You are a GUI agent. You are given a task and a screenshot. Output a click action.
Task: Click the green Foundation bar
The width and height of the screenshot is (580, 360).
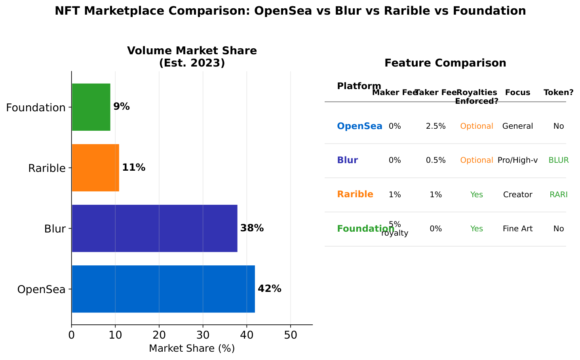pyautogui.click(x=91, y=107)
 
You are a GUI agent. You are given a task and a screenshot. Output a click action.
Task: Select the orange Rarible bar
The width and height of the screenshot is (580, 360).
pyautogui.click(x=95, y=168)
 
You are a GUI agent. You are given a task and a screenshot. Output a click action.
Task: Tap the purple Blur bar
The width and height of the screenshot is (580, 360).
pyautogui.click(x=154, y=228)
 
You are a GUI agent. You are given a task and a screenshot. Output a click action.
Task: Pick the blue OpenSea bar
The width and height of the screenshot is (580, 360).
pyautogui.click(x=163, y=289)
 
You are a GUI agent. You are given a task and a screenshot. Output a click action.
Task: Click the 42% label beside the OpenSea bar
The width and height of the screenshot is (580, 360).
pyautogui.click(x=269, y=289)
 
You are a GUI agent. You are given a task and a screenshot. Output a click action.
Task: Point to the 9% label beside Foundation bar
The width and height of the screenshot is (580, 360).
pyautogui.click(x=121, y=107)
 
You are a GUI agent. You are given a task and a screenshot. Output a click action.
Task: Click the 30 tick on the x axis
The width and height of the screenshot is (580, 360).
pyautogui.click(x=203, y=335)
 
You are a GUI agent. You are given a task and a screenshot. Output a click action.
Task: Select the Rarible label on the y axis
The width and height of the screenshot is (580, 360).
pyautogui.click(x=47, y=168)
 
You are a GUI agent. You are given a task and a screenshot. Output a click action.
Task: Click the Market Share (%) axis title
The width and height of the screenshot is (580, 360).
pyautogui.click(x=192, y=349)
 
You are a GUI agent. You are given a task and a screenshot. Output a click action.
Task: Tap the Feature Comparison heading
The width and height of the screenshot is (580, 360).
pyautogui.click(x=445, y=63)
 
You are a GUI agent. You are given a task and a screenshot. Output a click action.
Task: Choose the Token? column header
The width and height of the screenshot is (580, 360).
pyautogui.click(x=558, y=93)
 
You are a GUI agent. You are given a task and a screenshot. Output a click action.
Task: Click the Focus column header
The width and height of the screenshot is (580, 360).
pyautogui.click(x=517, y=93)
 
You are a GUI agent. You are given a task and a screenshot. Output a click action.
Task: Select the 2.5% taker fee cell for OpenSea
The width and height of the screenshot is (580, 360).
pyautogui.click(x=435, y=126)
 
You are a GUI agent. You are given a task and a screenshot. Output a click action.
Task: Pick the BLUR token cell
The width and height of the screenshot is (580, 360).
pyautogui.click(x=558, y=160)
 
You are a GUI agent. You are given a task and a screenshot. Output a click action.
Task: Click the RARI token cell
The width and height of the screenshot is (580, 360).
pyautogui.click(x=558, y=194)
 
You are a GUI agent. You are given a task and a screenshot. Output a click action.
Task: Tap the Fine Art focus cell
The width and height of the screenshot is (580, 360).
pyautogui.click(x=517, y=229)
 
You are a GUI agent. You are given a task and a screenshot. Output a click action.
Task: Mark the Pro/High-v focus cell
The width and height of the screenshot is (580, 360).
pyautogui.click(x=517, y=160)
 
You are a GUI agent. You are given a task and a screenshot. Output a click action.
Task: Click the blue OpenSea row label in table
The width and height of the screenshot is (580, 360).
pyautogui.click(x=359, y=126)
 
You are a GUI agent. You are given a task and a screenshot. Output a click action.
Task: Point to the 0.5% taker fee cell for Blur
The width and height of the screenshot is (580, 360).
pyautogui.click(x=435, y=160)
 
